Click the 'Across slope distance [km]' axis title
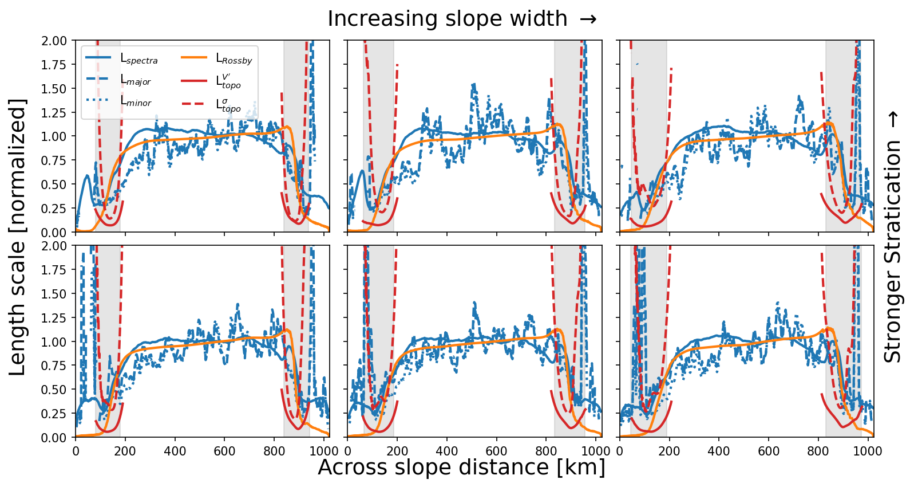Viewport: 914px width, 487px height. click(x=461, y=468)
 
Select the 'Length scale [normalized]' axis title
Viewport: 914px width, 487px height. click(x=18, y=237)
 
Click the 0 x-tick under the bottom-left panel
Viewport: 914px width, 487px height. click(x=76, y=450)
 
